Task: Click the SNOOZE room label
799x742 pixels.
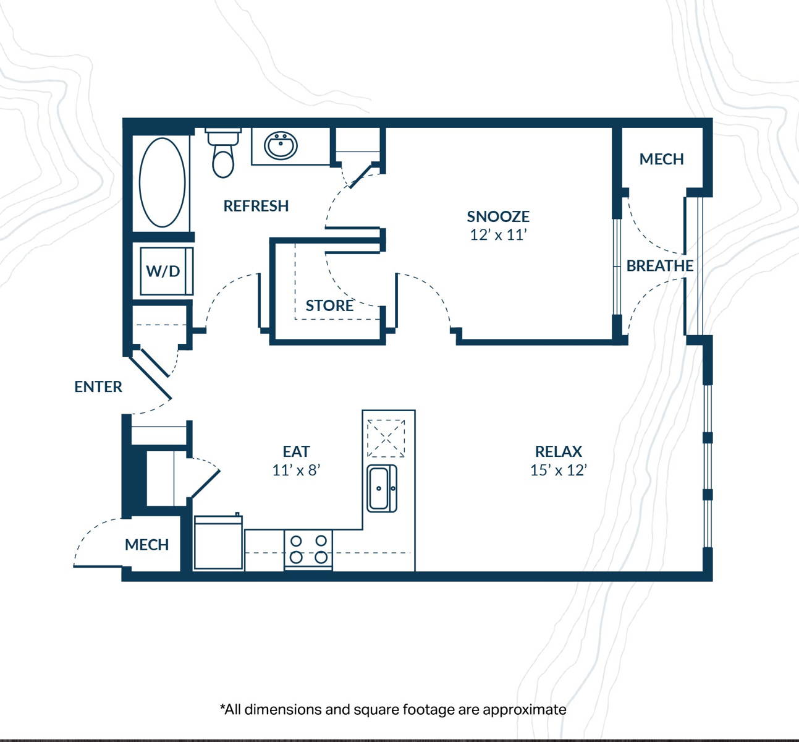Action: [x=498, y=216]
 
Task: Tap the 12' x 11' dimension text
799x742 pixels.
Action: [x=499, y=234]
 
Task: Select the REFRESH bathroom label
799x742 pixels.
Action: [x=256, y=206]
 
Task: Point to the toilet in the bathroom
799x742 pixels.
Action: [x=223, y=153]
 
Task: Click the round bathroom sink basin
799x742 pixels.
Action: [x=281, y=146]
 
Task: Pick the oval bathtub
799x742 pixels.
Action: [x=162, y=182]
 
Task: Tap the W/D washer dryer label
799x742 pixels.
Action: [x=163, y=271]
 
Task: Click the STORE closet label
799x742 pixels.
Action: [x=329, y=305]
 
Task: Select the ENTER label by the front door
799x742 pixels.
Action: [x=98, y=387]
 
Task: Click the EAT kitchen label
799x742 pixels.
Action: [x=296, y=452]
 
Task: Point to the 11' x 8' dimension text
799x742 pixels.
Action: [x=296, y=470]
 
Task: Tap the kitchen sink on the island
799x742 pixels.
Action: [x=382, y=488]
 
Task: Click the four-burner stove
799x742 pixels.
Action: [x=308, y=550]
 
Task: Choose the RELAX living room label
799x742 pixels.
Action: [x=559, y=452]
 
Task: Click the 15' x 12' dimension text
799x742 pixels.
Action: [x=559, y=470]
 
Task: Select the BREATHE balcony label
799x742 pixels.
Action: [x=660, y=266]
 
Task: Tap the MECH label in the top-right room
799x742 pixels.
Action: [x=661, y=160]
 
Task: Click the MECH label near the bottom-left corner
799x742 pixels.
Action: [x=146, y=545]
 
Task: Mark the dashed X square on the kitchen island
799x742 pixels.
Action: [x=386, y=438]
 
